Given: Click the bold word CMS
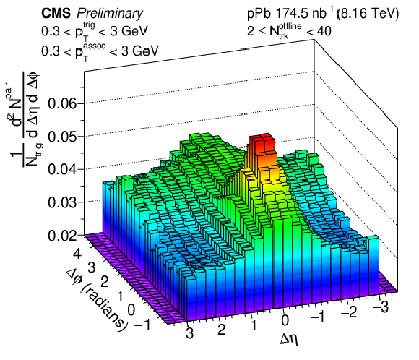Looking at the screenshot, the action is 56,13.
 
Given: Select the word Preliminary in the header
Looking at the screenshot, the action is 110,14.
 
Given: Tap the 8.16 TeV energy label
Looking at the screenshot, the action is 368,14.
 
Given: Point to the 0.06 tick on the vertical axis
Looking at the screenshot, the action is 62,103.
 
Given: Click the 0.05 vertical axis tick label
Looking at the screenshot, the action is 62,137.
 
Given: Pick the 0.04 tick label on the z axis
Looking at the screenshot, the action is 62,170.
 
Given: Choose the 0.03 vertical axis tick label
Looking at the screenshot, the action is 62,202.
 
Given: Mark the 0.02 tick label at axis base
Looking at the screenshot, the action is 62,236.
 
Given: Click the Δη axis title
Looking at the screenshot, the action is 289,339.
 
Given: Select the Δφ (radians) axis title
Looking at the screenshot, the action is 97,299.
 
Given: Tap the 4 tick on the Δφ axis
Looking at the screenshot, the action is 77,253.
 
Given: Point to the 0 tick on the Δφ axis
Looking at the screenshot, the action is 131,310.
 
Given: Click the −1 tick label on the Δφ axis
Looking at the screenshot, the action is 142,325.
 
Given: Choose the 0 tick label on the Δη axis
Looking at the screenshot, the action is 285,320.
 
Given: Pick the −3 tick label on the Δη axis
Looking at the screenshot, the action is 380,307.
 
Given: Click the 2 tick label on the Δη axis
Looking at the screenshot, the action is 221,330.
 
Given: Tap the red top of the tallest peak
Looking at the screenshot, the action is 262,137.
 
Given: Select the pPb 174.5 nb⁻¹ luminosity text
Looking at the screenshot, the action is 290,14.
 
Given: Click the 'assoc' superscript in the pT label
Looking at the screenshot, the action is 94,46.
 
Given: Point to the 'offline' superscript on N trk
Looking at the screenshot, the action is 290,26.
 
